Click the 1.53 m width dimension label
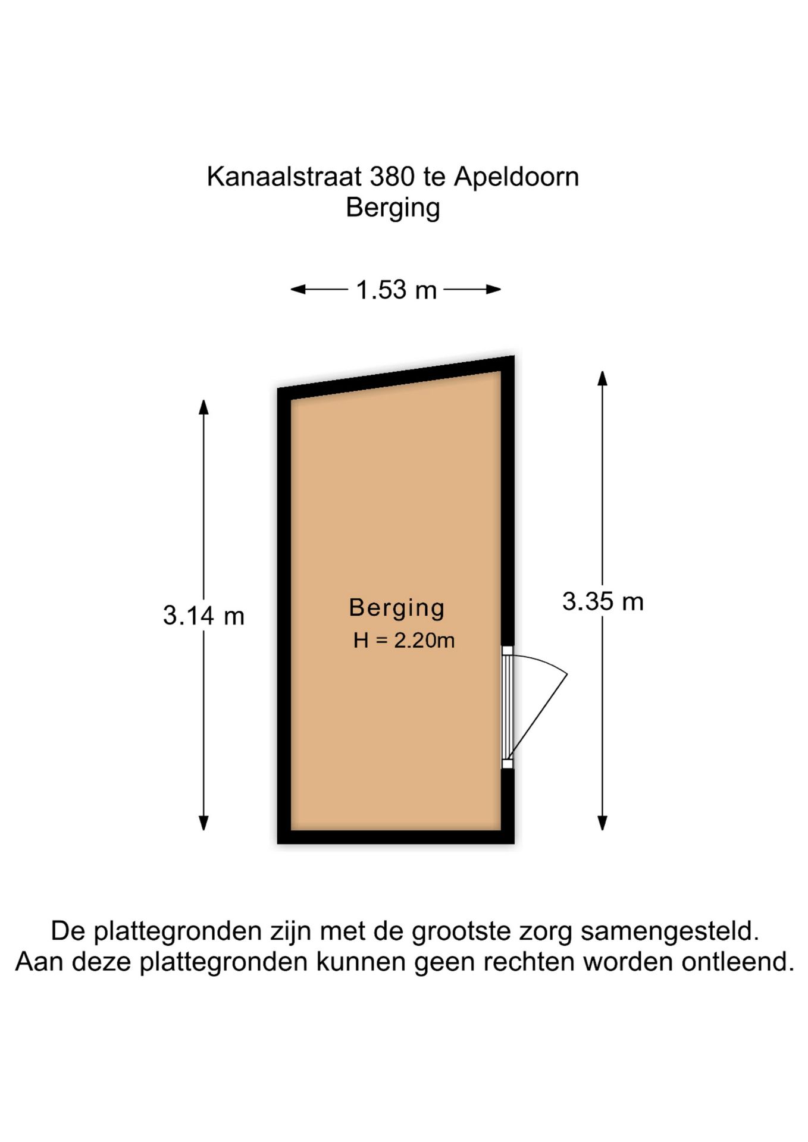tap(396, 290)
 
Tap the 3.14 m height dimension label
tap(203, 616)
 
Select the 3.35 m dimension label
tap(603, 601)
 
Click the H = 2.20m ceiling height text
tap(404, 640)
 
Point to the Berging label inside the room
tap(397, 607)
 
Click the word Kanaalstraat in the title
tap(284, 177)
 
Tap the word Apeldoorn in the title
tap(516, 177)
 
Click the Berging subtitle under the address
tap(393, 208)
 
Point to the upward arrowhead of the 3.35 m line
tap(602, 378)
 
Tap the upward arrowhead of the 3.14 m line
tap(203, 407)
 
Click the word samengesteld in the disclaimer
tap(670, 931)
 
